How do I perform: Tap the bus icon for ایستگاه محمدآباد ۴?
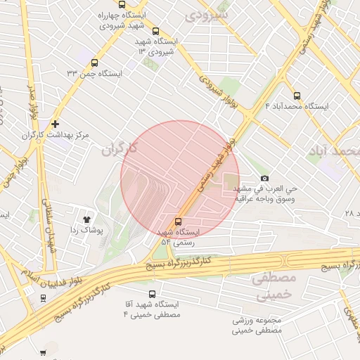pyautogui.click(x=296, y=96)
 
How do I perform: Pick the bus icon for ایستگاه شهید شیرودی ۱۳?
pyautogui.click(x=155, y=31)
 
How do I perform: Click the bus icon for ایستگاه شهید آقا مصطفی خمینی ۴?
pyautogui.click(x=153, y=295)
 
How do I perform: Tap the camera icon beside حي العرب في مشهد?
pyautogui.click(x=264, y=179)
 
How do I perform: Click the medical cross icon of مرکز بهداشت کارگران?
pyautogui.click(x=55, y=124)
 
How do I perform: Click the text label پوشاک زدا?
pyautogui.click(x=87, y=230)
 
